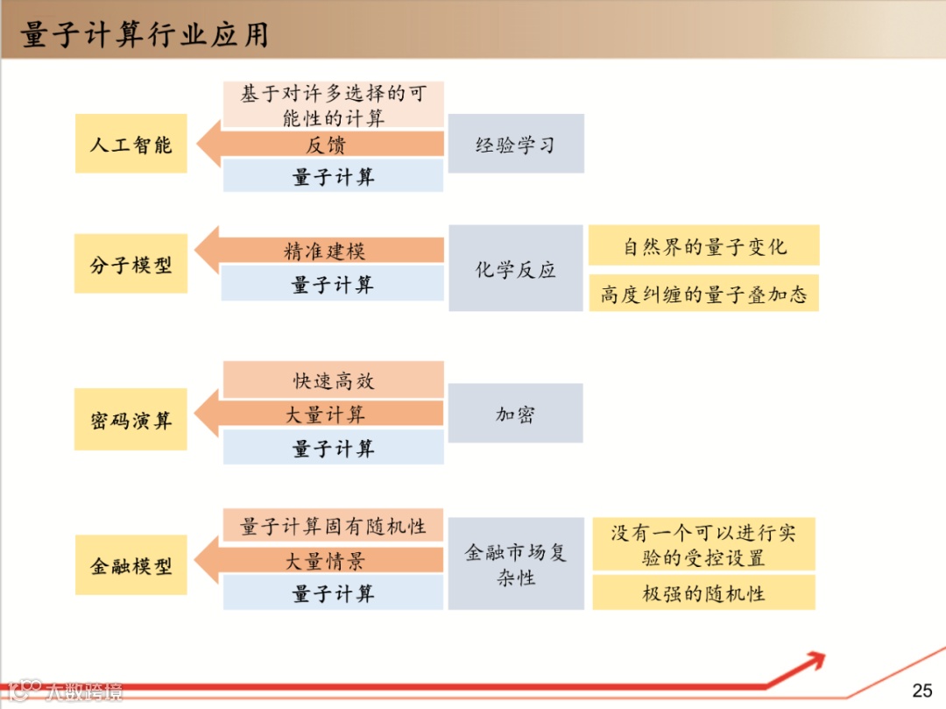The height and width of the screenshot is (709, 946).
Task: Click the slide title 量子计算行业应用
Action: (145, 35)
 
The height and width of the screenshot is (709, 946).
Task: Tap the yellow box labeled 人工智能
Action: (131, 144)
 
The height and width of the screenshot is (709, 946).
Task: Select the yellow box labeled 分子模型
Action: (131, 264)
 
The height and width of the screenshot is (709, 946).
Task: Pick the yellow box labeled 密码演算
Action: (131, 420)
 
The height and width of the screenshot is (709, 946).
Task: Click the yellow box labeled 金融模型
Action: (131, 565)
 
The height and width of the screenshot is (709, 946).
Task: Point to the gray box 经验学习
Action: (516, 144)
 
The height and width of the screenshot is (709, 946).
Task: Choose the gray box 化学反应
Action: (516, 268)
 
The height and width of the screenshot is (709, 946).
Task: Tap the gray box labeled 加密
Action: (516, 414)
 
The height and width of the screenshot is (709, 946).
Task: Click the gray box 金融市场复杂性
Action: (516, 564)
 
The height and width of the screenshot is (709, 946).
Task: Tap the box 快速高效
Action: (333, 380)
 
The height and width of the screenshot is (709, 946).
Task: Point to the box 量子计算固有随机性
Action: (333, 526)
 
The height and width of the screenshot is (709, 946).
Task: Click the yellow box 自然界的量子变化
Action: (704, 246)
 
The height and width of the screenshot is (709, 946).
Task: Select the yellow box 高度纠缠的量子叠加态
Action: (703, 294)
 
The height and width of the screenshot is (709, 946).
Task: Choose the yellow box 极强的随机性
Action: (704, 592)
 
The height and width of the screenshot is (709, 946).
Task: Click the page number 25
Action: (922, 690)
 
